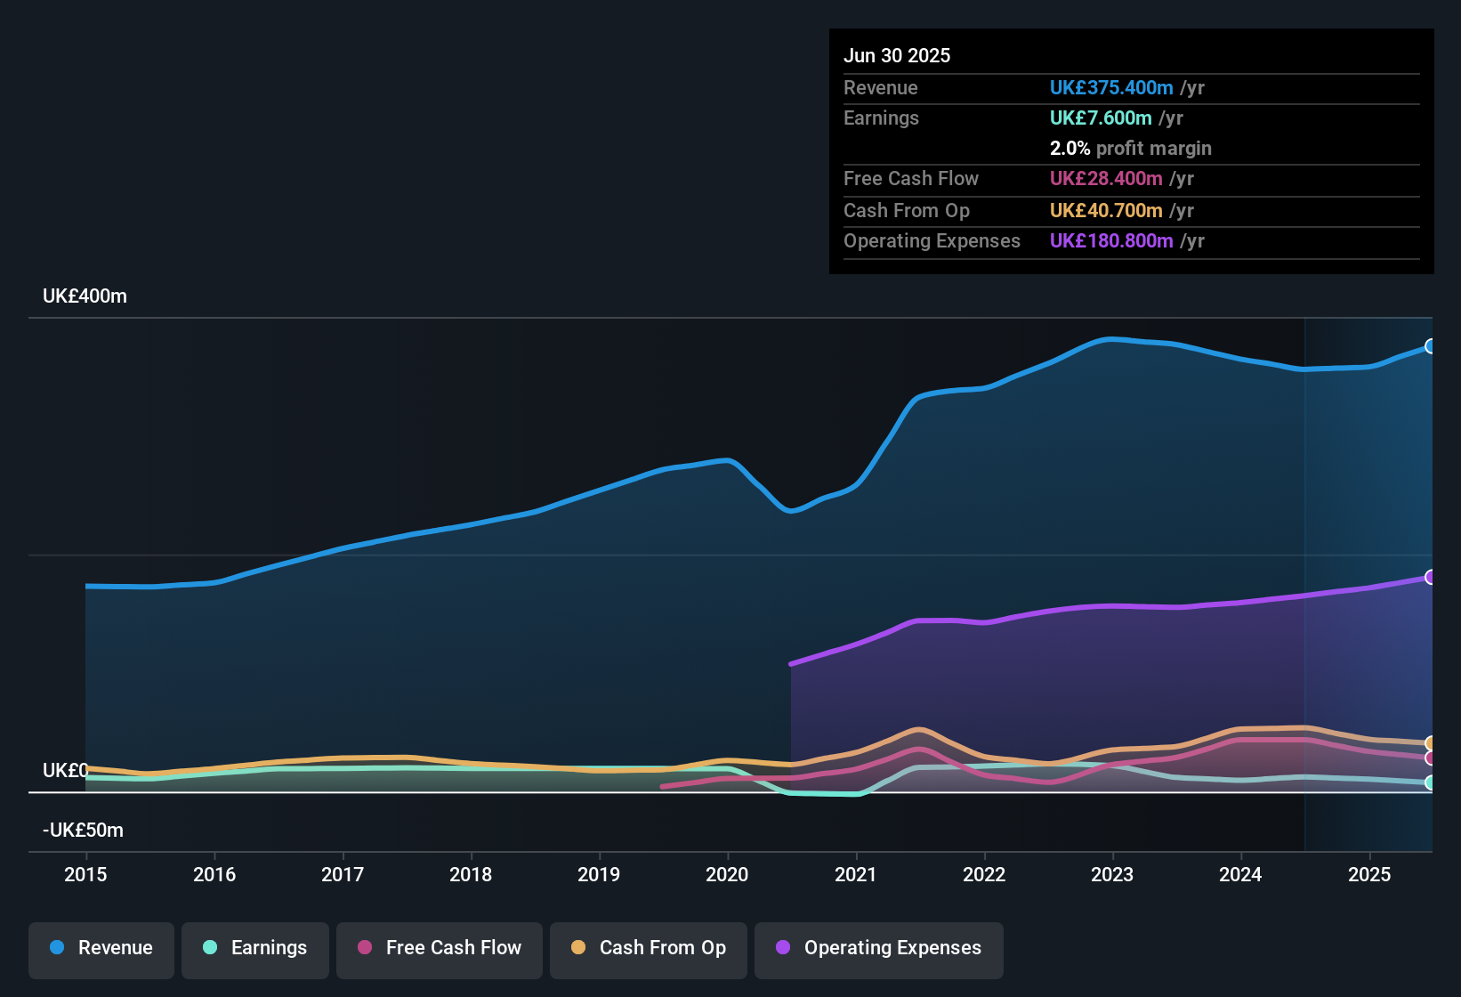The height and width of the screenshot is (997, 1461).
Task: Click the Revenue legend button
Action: click(101, 948)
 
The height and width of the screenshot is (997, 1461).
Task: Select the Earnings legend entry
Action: click(255, 948)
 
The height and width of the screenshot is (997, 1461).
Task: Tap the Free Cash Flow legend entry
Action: click(440, 948)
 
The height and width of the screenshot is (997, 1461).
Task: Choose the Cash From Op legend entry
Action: click(649, 948)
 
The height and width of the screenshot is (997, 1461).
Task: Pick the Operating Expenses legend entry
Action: click(879, 948)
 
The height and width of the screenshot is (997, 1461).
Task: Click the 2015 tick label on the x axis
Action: click(85, 874)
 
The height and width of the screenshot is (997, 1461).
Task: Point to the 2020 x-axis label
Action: click(727, 874)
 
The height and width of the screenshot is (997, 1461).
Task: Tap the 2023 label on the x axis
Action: click(1112, 874)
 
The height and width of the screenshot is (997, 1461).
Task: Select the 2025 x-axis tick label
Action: click(1369, 874)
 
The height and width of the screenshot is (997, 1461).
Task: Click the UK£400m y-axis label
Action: click(85, 296)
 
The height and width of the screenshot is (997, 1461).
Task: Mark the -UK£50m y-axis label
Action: click(83, 831)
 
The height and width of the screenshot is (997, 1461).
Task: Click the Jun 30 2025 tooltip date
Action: click(897, 55)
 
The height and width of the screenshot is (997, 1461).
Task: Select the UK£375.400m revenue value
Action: click(1111, 87)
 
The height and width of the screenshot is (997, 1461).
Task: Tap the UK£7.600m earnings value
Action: click(1101, 118)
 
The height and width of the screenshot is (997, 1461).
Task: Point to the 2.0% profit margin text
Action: click(1130, 149)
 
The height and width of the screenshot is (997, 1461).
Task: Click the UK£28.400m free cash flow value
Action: click(1106, 179)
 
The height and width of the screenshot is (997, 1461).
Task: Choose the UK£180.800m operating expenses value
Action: click(1111, 241)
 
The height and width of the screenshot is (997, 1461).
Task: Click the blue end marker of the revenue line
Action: click(1430, 346)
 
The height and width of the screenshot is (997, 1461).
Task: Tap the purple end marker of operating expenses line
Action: click(1430, 577)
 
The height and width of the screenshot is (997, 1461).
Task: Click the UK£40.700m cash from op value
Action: click(1106, 211)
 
